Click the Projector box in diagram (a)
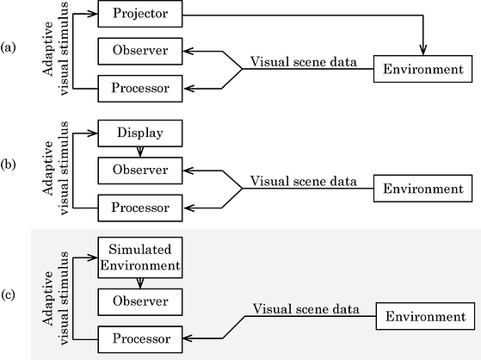pyautogui.click(x=140, y=14)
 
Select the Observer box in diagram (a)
pyautogui.click(x=140, y=51)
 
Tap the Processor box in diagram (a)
pyautogui.click(x=140, y=89)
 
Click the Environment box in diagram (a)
pyautogui.click(x=422, y=69)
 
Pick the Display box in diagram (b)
pyautogui.click(x=140, y=133)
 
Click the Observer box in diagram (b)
pyautogui.click(x=140, y=171)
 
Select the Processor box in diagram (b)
pyautogui.click(x=140, y=208)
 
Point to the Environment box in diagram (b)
pyautogui.click(x=422, y=189)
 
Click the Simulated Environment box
pyautogui.click(x=140, y=258)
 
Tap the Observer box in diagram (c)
pyautogui.click(x=140, y=302)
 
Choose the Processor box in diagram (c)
pyautogui.click(x=140, y=339)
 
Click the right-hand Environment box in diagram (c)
pyautogui.click(x=425, y=316)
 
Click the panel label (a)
pyautogui.click(x=8, y=48)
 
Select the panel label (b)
pyautogui.click(x=8, y=164)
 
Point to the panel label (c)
pyautogui.click(x=8, y=295)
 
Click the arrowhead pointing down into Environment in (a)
pyautogui.click(x=423, y=51)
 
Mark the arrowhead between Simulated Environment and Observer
pyautogui.click(x=140, y=283)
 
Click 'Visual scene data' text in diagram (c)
pyautogui.click(x=305, y=308)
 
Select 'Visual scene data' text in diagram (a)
pyautogui.click(x=304, y=62)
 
